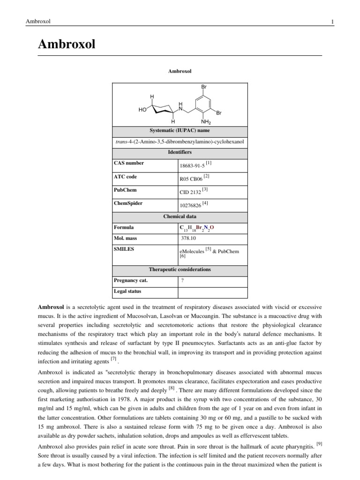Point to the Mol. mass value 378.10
tap(189, 238)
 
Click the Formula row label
tap(124, 227)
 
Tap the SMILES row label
tap(124, 249)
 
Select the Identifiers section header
tap(180, 152)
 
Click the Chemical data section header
tap(180, 217)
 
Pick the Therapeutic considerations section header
tap(180, 270)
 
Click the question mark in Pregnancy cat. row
tap(182, 280)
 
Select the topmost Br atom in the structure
tap(204, 87)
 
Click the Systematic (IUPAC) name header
tap(180, 130)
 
